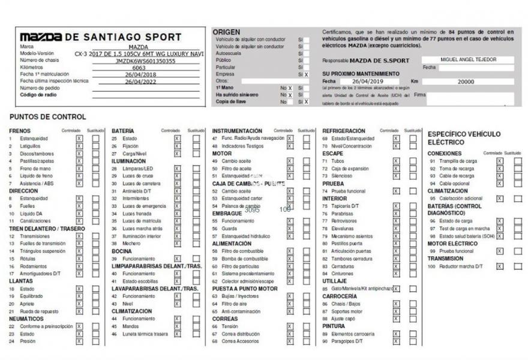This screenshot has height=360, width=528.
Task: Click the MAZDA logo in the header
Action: coord(41,37)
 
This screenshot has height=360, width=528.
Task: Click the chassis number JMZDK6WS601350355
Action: coord(145,61)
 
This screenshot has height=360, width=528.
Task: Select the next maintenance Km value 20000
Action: coord(466,82)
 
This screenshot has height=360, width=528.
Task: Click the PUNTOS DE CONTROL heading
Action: coord(47,116)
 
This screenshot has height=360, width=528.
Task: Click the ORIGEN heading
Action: coord(226,32)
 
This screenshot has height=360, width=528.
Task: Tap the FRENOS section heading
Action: coord(20,131)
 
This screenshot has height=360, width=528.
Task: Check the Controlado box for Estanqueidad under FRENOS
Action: coord(79,139)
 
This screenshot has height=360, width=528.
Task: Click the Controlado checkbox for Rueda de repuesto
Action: coord(79,311)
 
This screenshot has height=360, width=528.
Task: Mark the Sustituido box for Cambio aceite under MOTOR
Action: coord(307,161)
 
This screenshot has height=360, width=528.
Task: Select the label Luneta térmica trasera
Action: coord(145,334)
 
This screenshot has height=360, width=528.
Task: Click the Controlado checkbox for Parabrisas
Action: coord(396,214)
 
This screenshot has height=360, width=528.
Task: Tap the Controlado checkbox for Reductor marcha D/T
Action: coord(499,266)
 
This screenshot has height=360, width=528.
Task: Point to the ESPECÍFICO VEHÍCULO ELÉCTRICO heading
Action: coord(463,138)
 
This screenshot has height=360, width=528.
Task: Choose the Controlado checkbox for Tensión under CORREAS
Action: coord(290,326)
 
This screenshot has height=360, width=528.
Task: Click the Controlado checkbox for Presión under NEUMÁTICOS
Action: coord(79,341)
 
